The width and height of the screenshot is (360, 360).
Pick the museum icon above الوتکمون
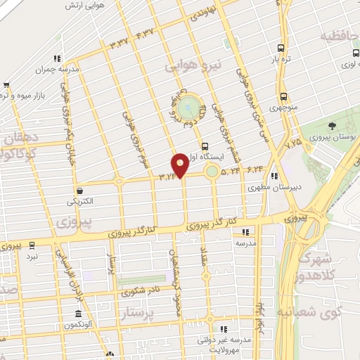79,314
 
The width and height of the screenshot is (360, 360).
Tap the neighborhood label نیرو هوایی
193,67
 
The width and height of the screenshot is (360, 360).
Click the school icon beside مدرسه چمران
56,58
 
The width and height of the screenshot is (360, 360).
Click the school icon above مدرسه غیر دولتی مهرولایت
224,328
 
